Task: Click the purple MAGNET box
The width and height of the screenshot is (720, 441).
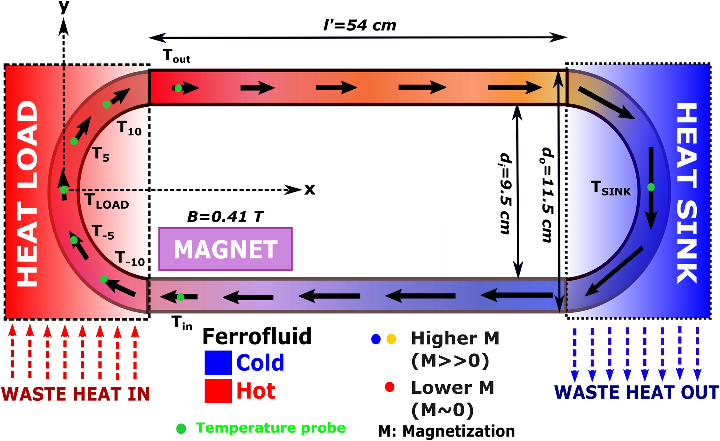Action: (x=225, y=249)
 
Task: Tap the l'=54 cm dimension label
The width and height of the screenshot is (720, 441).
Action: (x=360, y=25)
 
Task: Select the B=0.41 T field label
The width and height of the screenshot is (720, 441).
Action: (x=225, y=217)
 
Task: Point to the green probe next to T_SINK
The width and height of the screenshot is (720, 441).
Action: (x=651, y=187)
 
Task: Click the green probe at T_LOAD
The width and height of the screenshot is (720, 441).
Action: (x=64, y=190)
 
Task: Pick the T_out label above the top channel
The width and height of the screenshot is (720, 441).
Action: (x=176, y=56)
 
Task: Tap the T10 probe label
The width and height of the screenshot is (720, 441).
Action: (x=129, y=129)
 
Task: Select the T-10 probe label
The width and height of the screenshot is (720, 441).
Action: (x=130, y=258)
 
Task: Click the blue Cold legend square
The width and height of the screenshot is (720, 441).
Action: (x=218, y=362)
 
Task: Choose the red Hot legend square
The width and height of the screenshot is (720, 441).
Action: (x=218, y=390)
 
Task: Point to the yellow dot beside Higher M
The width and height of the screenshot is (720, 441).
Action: (x=391, y=339)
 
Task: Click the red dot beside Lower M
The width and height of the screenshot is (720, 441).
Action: (x=389, y=387)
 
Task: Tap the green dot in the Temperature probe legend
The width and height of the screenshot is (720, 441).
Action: (x=181, y=428)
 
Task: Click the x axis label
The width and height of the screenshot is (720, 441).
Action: (x=310, y=190)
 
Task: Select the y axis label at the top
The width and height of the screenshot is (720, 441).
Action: (x=64, y=7)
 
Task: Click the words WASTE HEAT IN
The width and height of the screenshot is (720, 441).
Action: (x=76, y=394)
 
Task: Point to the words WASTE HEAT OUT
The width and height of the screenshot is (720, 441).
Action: (x=636, y=392)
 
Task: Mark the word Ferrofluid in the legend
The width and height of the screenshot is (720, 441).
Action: (x=257, y=336)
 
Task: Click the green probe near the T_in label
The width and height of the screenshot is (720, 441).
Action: (x=181, y=297)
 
